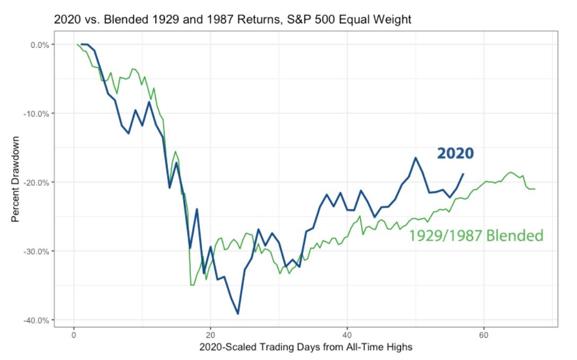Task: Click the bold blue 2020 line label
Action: pos(455,154)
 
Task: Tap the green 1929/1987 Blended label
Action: pos(476,235)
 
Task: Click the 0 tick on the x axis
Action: pos(74,336)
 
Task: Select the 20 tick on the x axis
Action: pos(210,336)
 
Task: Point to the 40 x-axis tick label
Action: pos(347,336)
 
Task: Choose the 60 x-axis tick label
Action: pos(483,336)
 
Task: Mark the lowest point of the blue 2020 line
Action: pos(238,314)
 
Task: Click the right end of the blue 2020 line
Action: pos(463,174)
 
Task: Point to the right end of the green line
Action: pos(535,189)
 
